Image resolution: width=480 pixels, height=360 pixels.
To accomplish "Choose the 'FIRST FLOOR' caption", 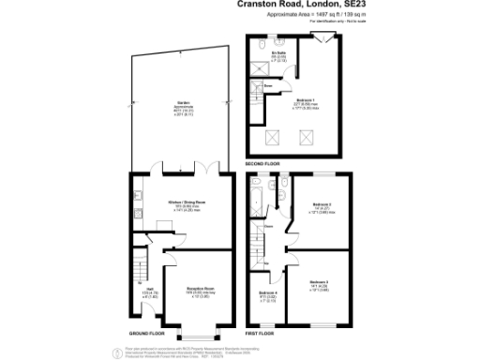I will [x=261, y=332].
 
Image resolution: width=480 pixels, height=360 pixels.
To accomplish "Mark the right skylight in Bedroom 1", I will [x=306, y=137].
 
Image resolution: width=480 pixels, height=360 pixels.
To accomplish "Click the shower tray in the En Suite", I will [x=258, y=67].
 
